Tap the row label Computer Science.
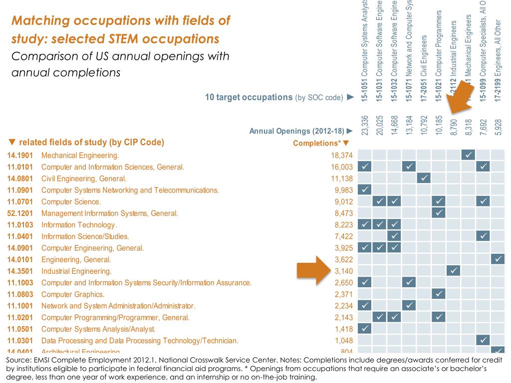pos(71,202)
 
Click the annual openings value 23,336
pos(365,125)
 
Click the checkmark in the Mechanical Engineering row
pos(469,155)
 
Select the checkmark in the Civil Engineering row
pos(424,178)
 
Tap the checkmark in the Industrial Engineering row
pos(453,270)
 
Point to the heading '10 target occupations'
pos(249,97)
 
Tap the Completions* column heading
pos(317,144)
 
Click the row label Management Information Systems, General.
pos(109,213)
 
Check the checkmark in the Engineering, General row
pos(498,259)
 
